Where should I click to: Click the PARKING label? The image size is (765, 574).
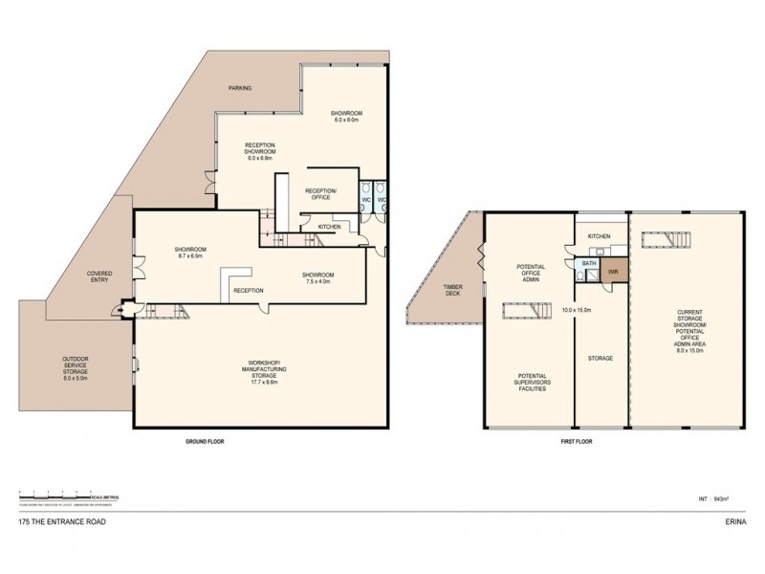coord(240,88)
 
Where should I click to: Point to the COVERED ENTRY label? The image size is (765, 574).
coord(99,277)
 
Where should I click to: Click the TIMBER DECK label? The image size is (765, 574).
coord(452,290)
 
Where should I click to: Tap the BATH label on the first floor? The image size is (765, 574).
coord(590,263)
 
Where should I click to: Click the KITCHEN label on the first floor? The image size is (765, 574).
coord(599,235)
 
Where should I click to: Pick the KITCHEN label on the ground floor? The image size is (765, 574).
coord(329,227)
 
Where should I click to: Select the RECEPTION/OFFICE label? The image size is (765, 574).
coord(318,194)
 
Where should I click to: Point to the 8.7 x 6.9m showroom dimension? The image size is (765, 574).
coord(192,256)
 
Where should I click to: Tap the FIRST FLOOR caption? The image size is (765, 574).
coord(577,442)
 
